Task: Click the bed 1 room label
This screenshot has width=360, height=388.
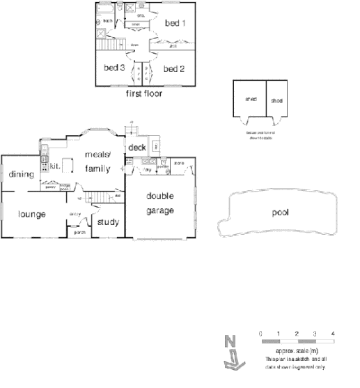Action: coord(175,23)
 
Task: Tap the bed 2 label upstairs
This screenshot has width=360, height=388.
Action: coord(173,69)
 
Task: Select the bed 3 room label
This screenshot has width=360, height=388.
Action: coord(114,68)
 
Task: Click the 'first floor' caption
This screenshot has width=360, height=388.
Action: coord(143,93)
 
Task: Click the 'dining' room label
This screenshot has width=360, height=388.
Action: coord(22,174)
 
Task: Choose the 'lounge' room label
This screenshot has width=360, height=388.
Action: coord(32,214)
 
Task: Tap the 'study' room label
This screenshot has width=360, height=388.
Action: coord(108,223)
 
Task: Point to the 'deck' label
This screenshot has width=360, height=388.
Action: coord(137,148)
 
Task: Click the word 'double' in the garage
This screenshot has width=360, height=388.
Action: coord(159,196)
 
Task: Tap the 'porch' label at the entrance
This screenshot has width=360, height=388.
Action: coord(80,232)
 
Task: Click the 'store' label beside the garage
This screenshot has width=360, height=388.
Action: coord(178,165)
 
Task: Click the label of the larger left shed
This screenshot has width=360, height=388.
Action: coord(251,99)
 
